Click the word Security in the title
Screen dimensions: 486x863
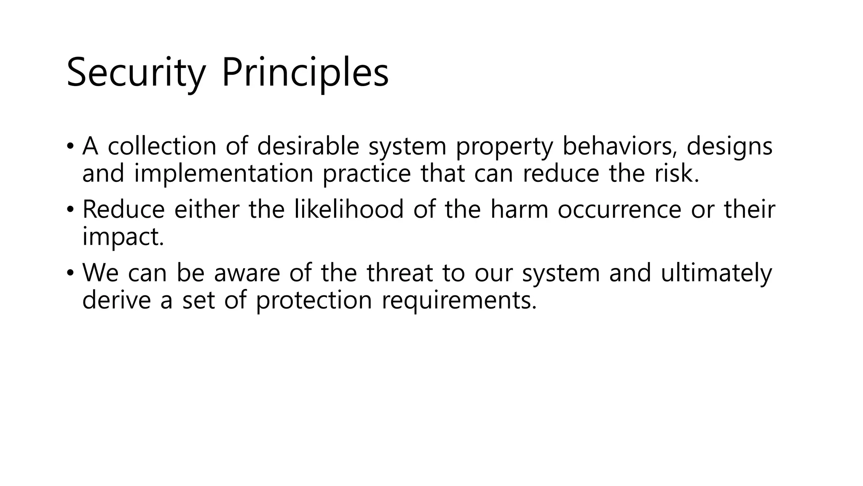click(x=135, y=73)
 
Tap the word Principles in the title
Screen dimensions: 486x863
click(x=305, y=73)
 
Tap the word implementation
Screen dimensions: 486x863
click(x=223, y=173)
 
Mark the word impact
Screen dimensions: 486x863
click(x=123, y=237)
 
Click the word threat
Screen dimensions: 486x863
click(x=399, y=273)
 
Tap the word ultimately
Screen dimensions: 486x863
click(x=716, y=273)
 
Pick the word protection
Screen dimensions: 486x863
click(x=314, y=300)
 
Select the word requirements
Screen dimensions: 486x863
click(x=459, y=300)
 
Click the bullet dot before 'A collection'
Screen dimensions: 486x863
click(x=70, y=146)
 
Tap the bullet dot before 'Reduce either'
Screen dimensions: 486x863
click(x=70, y=209)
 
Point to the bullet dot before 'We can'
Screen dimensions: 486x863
click(x=70, y=273)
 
